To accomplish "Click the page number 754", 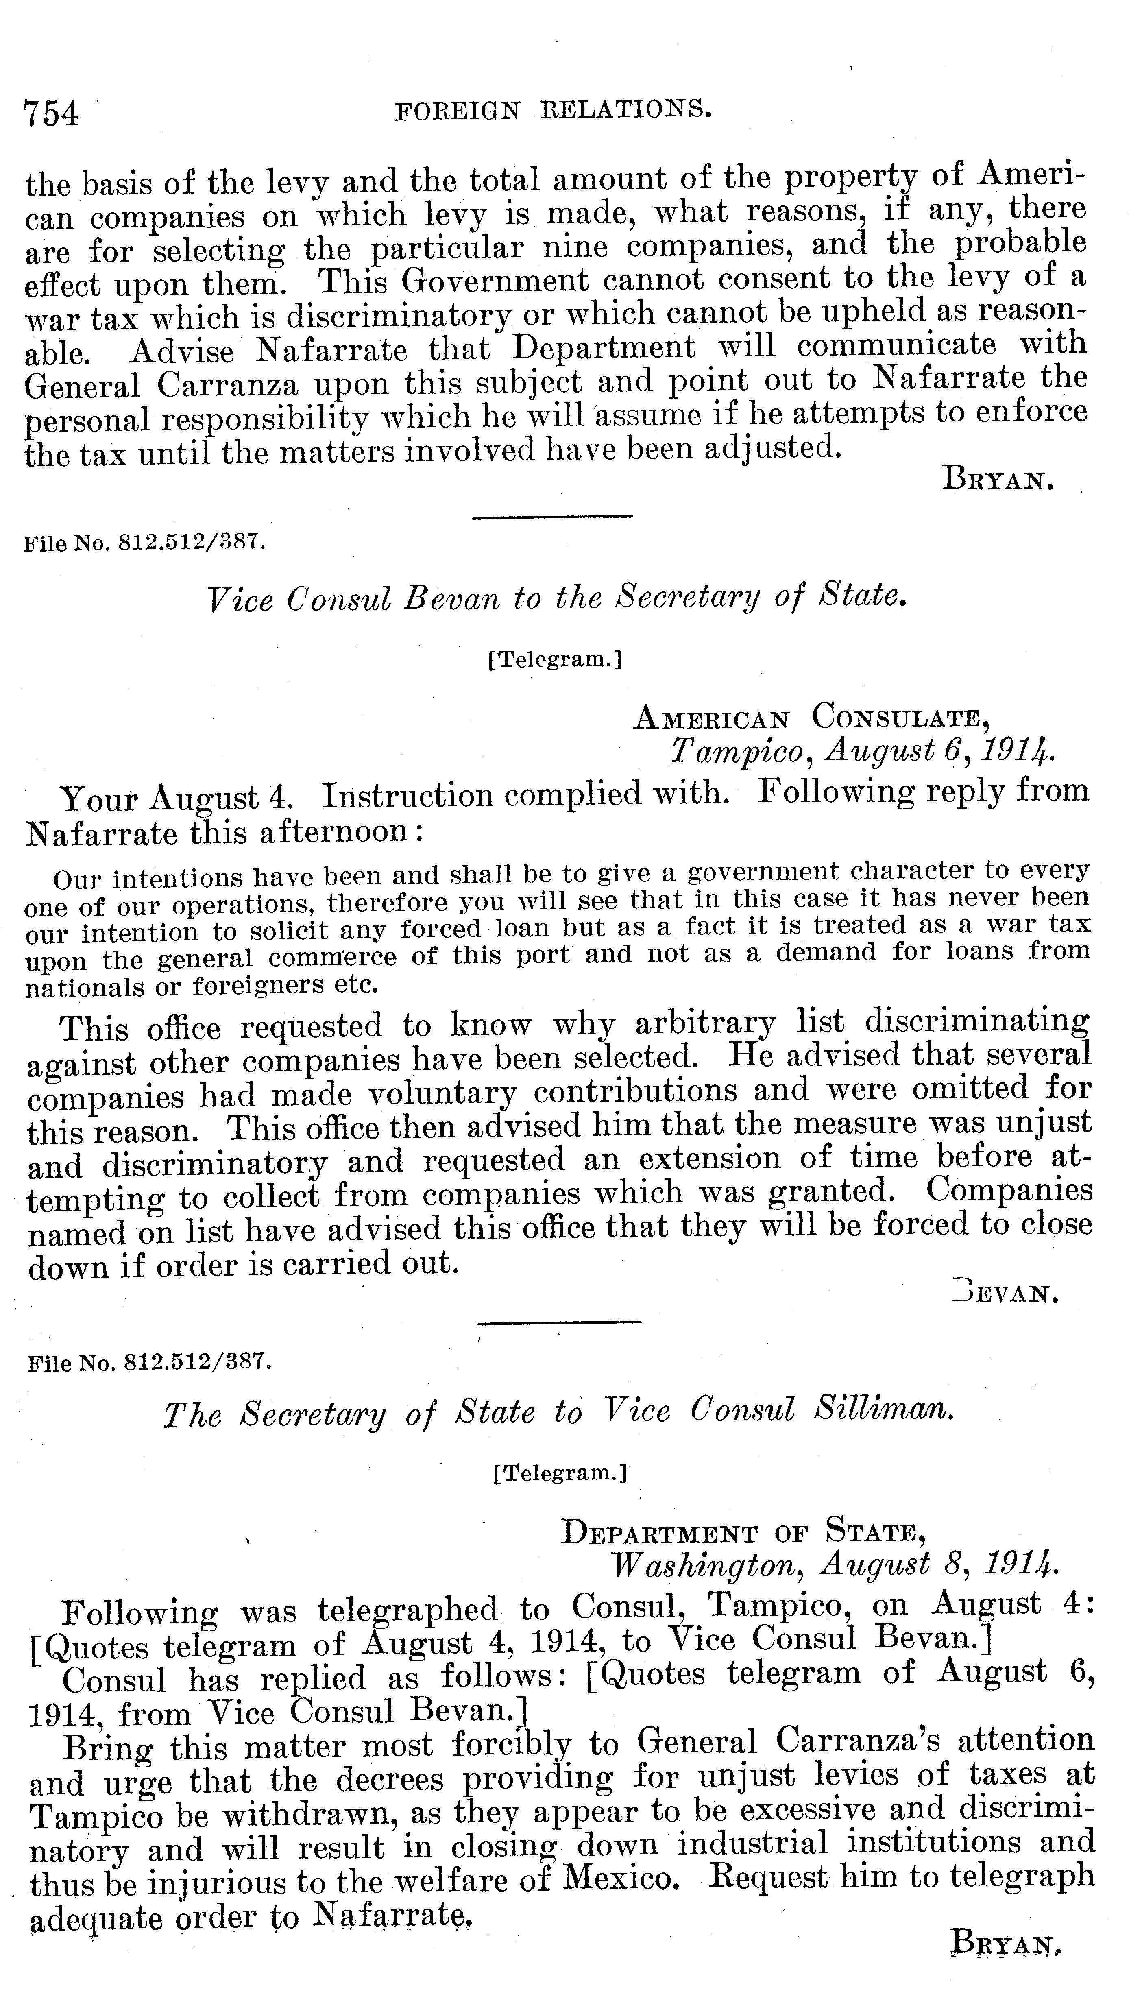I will (x=52, y=114).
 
